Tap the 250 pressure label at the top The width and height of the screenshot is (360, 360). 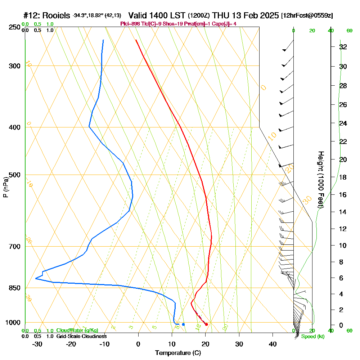pos(13,27)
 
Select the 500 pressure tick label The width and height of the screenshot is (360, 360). pos(13,175)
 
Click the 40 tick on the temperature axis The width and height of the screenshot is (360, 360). pos(273,344)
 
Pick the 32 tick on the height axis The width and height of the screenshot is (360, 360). pos(343,47)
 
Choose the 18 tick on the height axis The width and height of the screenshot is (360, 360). pos(343,177)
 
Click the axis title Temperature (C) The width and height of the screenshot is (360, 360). pos(178,353)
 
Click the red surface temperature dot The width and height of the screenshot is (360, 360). pos(206,324)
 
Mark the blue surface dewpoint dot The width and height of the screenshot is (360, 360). pos(183,324)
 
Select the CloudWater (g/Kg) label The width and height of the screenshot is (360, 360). pos(77,330)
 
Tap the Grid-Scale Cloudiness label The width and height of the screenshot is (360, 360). pos(81,336)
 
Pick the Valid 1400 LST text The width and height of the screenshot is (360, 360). pos(157,15)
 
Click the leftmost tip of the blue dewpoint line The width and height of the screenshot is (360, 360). pos(36,278)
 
